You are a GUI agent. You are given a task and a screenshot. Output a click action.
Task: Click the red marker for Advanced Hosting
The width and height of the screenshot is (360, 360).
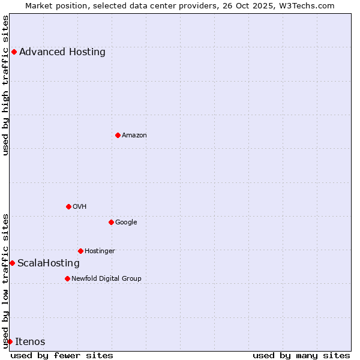coord(14,52)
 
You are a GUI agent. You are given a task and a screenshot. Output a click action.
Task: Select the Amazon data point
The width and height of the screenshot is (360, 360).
coord(118,135)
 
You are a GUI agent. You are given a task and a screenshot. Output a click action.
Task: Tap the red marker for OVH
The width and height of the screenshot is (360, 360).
coord(68,206)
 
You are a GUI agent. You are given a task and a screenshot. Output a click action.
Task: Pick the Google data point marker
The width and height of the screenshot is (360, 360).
coord(111,222)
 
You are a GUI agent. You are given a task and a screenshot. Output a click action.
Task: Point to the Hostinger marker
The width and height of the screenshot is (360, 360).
coord(80,251)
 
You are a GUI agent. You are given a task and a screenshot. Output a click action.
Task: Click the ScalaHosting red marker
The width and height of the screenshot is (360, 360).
coord(12,263)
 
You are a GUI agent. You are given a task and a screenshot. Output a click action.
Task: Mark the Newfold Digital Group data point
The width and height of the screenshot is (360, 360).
coord(67,278)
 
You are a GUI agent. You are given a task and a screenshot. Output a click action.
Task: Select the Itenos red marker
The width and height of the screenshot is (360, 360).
coord(10,341)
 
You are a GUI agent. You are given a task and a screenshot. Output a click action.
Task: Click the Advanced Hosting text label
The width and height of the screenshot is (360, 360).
coord(62,52)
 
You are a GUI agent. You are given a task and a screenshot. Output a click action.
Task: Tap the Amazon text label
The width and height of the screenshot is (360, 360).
coord(134,135)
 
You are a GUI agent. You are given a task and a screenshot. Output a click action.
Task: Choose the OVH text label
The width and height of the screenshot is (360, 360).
coord(80,206)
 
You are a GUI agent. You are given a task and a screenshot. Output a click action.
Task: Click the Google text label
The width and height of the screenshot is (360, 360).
coord(126,222)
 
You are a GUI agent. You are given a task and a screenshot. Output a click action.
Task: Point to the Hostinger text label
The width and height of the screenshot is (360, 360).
coord(100,251)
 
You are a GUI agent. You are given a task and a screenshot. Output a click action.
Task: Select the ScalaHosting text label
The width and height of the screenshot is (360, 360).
coord(49,263)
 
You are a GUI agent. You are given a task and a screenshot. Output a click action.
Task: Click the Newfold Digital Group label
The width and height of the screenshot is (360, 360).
coord(106,278)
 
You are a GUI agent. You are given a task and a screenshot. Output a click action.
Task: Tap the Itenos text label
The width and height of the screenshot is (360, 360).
coord(30,341)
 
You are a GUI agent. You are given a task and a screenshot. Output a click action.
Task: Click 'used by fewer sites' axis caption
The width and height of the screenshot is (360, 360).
coord(62,355)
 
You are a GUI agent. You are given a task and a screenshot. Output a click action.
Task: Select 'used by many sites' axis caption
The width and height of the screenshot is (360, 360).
coord(301,355)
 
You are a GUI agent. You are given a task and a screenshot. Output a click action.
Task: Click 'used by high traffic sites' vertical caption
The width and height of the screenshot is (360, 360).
coord(5,85)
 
